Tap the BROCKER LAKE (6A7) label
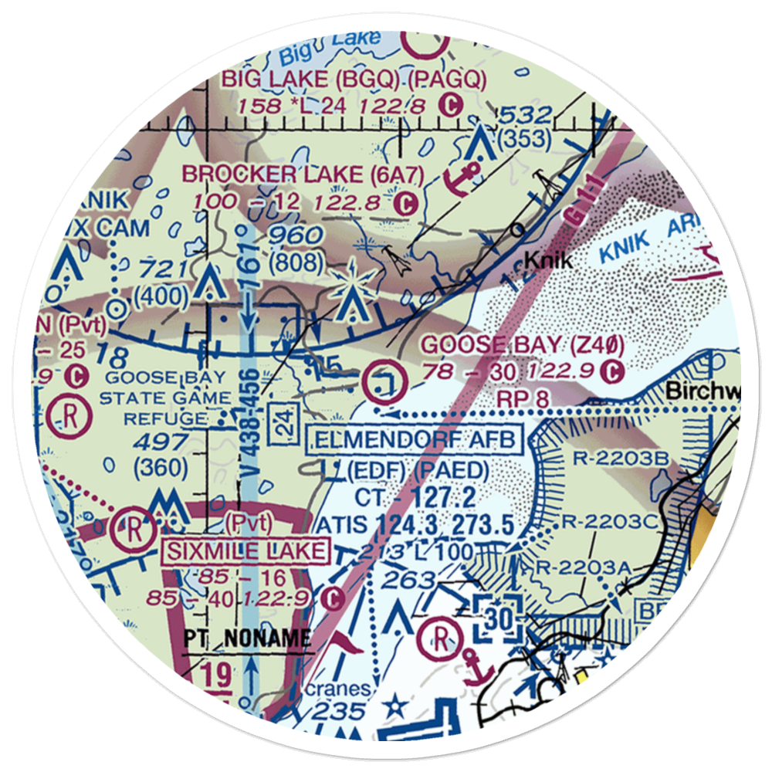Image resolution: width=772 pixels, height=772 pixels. click(x=303, y=174)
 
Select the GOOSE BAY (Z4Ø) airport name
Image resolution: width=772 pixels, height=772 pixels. click(x=523, y=345)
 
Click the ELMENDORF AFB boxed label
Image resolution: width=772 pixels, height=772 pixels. click(x=415, y=441)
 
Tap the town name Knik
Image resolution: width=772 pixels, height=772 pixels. click(x=548, y=261)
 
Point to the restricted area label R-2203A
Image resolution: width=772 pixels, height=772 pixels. click(x=594, y=569)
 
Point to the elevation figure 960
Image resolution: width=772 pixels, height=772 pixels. click(x=294, y=235)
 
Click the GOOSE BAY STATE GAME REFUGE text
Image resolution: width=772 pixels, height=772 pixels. click(x=167, y=398)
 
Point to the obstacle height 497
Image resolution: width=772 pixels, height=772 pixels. click(x=159, y=442)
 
